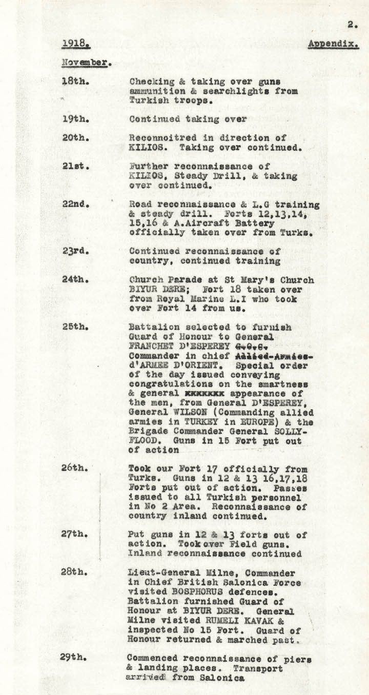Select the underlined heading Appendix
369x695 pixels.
[x=333, y=45]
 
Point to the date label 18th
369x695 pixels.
[x=74, y=81]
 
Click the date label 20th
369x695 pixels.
[x=74, y=138]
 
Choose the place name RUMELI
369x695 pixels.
[x=218, y=620]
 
